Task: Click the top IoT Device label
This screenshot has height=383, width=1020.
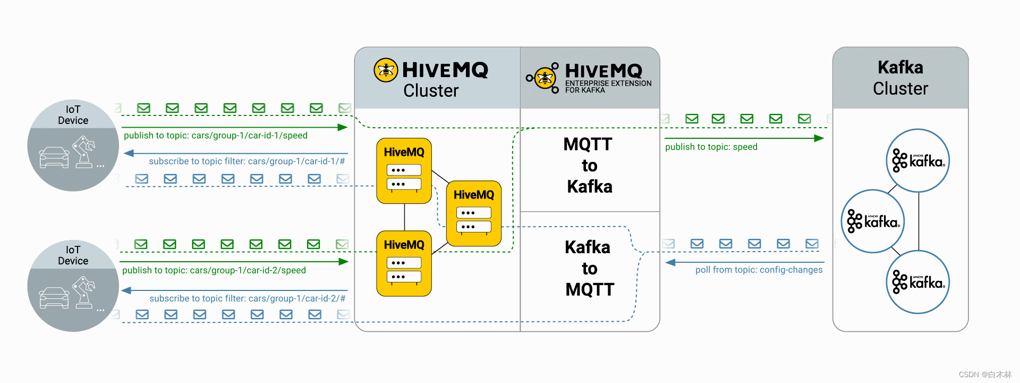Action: (73, 115)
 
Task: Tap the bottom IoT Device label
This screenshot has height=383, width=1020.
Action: (73, 255)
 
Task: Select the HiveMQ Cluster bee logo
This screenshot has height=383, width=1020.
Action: (386, 70)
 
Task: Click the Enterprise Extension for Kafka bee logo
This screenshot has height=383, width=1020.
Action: (545, 78)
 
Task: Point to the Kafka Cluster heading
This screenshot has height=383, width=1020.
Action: (900, 78)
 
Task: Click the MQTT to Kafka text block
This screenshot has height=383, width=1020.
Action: (589, 165)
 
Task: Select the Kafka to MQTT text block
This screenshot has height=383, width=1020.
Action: (589, 268)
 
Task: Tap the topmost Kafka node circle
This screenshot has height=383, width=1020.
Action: (918, 161)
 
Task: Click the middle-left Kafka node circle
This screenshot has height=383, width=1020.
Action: (873, 221)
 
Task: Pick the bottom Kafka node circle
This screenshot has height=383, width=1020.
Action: (918, 282)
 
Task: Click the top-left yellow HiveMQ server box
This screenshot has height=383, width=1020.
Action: (404, 171)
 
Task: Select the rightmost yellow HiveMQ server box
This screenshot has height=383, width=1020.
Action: (474, 213)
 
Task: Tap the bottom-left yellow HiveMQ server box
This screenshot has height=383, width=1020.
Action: (404, 263)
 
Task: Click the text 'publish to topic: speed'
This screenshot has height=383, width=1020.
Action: (711, 147)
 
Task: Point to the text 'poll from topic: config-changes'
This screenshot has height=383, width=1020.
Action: (759, 270)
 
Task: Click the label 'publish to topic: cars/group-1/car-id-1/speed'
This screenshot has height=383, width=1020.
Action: (215, 136)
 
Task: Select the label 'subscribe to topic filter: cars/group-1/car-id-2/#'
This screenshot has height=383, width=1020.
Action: (247, 298)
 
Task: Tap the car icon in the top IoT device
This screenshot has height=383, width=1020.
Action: (54, 157)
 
